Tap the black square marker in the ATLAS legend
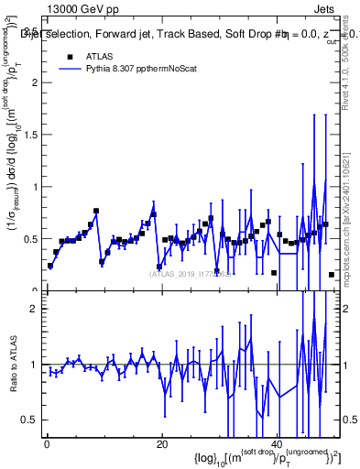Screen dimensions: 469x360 click(x=70, y=56)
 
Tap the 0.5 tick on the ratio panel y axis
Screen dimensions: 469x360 click(x=30, y=420)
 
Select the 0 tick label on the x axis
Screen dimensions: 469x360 click(x=47, y=444)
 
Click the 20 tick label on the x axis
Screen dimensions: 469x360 click(x=162, y=444)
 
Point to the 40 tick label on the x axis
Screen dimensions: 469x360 click(x=278, y=444)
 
